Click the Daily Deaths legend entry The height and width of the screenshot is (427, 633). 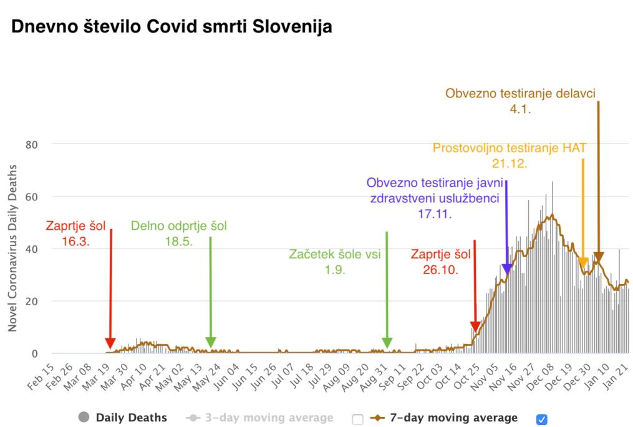tap(131, 418)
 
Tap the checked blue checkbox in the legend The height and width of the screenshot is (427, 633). tap(542, 419)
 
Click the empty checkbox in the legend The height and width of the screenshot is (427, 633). tap(357, 419)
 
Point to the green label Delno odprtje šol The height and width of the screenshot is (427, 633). tap(179, 226)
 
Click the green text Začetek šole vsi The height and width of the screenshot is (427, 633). tap(335, 254)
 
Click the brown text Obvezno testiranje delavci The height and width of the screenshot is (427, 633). tap(520, 94)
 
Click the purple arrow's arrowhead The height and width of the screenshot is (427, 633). tap(507, 268)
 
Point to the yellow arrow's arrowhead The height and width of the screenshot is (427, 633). tap(584, 263)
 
